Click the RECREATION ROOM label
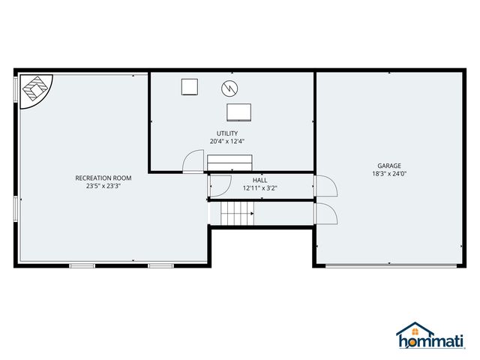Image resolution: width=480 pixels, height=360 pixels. [x=103, y=178]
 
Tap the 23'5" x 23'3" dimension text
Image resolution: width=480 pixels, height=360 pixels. [x=103, y=186]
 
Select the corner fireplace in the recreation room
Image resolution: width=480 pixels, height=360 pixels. [x=33, y=90]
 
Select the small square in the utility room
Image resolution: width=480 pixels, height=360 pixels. [x=189, y=87]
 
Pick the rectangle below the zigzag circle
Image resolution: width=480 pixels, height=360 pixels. [x=239, y=112]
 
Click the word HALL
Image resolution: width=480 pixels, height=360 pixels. [x=260, y=180]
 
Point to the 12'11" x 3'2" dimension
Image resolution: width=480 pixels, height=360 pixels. [x=260, y=188]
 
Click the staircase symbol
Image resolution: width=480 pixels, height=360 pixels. [x=237, y=217]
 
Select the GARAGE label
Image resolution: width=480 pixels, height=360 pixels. [x=389, y=166]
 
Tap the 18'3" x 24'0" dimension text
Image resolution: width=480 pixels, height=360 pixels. [x=389, y=174]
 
